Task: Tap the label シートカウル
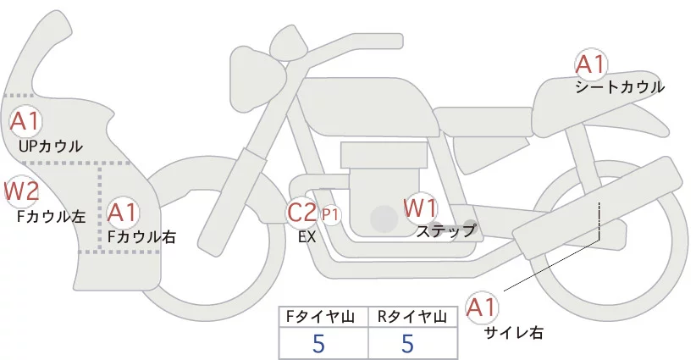tap(619, 87)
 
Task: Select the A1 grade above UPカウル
tap(25, 121)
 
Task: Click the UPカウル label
tap(50, 147)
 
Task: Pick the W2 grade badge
tap(21, 191)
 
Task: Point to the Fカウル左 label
tap(52, 216)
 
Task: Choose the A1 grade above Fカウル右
tap(122, 212)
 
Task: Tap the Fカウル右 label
tap(141, 237)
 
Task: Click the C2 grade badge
tap(302, 212)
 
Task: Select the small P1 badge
tap(330, 214)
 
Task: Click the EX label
tap(307, 237)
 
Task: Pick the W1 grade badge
tap(420, 208)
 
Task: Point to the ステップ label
tap(446, 230)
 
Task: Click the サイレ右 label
tap(513, 333)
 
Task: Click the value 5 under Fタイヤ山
tap(318, 343)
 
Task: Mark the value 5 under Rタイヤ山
tap(408, 343)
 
